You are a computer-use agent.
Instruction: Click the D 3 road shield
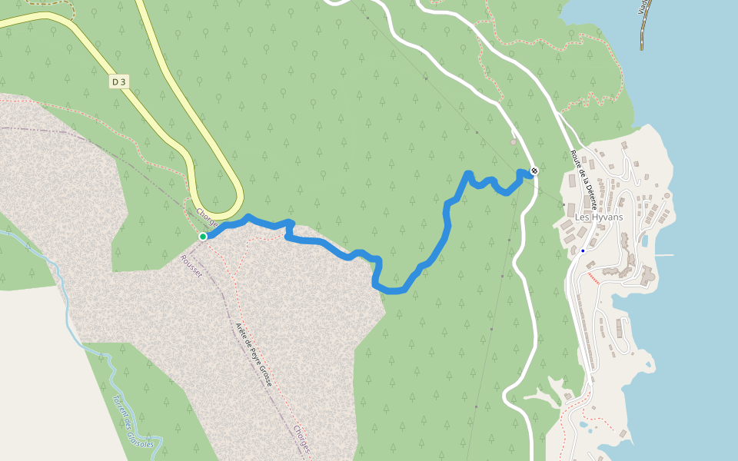pos(118,81)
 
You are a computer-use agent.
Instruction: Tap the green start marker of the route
pos(203,236)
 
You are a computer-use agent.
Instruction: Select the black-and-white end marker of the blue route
pos(534,171)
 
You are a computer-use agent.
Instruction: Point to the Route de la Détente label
pos(583,174)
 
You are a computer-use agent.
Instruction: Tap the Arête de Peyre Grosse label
pos(254,353)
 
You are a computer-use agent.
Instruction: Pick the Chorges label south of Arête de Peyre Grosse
pos(301,439)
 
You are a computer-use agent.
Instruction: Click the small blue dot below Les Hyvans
pos(583,250)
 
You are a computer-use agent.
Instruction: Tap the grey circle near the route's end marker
pos(514,142)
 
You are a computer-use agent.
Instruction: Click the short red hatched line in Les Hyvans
pos(592,275)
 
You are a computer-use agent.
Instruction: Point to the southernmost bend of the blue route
pos(392,290)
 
